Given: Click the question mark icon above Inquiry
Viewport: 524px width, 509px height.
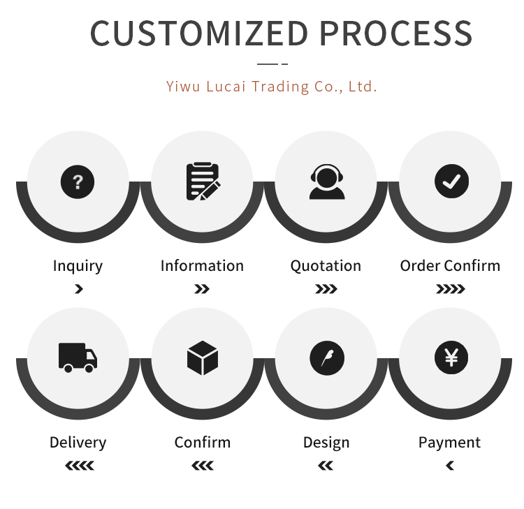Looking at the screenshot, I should point(78,182).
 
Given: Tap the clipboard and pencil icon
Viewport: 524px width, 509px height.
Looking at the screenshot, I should point(202,182).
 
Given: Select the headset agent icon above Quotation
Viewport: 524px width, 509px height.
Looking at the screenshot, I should point(326,182).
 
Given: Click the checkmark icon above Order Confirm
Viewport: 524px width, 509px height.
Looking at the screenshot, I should point(451,182).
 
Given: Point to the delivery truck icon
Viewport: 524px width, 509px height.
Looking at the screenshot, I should point(78,357).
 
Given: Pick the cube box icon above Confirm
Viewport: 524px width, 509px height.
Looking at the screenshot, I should point(202,357).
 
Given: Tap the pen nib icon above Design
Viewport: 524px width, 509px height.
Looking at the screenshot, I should point(326,358).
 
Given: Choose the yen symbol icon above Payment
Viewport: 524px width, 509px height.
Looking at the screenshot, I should point(451,358).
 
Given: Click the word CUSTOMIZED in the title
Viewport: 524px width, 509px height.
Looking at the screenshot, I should point(199,34).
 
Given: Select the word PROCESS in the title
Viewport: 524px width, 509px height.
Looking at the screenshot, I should point(396,34).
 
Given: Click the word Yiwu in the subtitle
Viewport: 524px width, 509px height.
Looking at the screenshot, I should point(181,87).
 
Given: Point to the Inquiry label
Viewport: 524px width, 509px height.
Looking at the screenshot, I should point(78,266).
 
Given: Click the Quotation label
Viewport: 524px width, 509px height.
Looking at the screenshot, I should point(326,266).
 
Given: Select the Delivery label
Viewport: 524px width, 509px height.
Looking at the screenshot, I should point(78,443).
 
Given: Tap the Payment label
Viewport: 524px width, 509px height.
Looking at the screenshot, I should point(449,443).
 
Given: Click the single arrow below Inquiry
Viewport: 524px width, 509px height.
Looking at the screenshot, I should point(78,289).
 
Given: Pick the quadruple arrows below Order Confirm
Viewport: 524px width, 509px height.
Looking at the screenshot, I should point(450,289).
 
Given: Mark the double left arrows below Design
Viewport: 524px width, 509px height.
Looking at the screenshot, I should point(326,466).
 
